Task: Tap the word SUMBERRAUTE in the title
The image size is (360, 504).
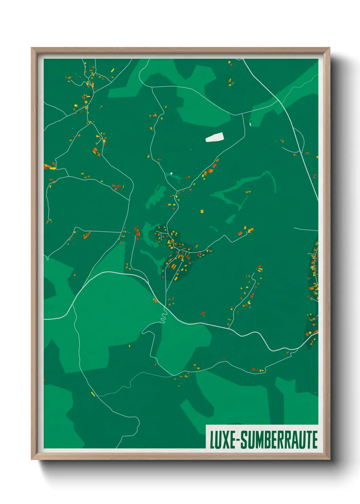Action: tap(280, 440)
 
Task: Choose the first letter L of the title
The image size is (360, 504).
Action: tap(212, 440)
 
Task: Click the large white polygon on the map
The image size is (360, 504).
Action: tap(215, 137)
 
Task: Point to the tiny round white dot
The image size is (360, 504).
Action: tap(171, 173)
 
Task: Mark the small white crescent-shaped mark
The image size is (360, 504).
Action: tap(250, 124)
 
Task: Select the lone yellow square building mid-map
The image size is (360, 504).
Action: tap(202, 211)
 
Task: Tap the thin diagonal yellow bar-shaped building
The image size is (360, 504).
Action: tap(93, 394)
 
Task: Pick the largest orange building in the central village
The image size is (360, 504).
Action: tap(174, 266)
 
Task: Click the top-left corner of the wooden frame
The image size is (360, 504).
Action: tap(32, 48)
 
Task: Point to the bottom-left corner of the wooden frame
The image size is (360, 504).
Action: tap(32, 459)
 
